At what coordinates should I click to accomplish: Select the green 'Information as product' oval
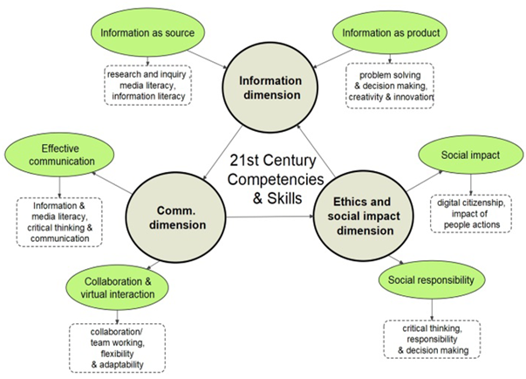[x=389, y=33]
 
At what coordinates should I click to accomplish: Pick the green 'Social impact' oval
[x=470, y=156]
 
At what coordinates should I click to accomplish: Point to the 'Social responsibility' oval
[x=434, y=280]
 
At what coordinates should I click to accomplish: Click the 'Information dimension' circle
[x=270, y=87]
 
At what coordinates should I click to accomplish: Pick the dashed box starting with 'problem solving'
[x=390, y=85]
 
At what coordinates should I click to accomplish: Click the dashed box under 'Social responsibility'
[x=433, y=337]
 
